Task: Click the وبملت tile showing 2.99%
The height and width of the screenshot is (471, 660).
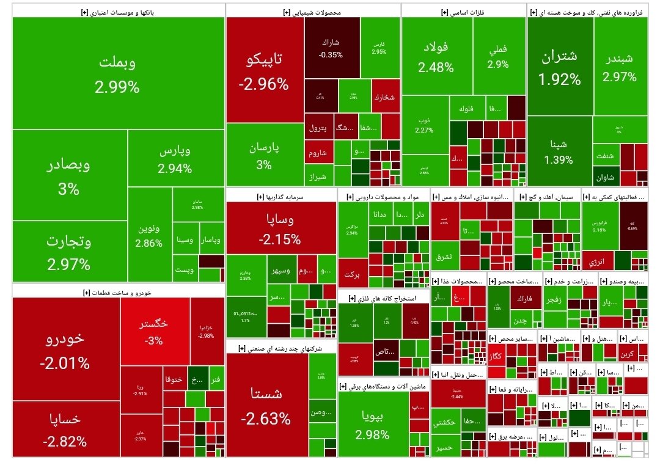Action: tap(117, 73)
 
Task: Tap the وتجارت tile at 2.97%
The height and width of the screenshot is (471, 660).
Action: tap(69, 252)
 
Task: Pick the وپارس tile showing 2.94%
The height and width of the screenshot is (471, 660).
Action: tap(175, 158)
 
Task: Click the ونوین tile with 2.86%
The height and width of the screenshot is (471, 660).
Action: tap(149, 235)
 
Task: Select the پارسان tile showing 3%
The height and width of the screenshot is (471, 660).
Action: tap(264, 155)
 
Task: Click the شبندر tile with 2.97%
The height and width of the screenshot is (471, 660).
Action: tap(620, 67)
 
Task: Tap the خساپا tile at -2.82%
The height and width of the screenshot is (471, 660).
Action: tap(65, 429)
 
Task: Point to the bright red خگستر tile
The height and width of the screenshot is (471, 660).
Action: tap(154, 331)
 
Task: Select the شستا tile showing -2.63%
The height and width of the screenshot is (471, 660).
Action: tap(266, 406)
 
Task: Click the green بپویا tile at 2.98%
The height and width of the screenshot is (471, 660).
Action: tap(372, 425)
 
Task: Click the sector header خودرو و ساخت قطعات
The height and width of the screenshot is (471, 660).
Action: tap(116, 293)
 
